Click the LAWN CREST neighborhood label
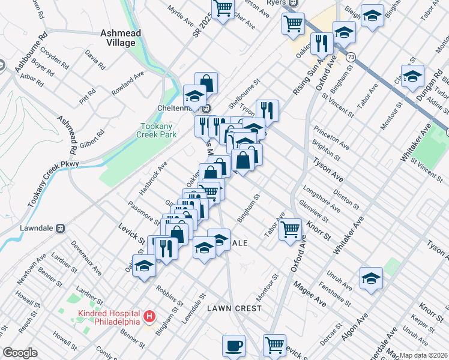pos(234,308)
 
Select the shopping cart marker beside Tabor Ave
pos(291,228)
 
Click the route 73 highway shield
pos(350,56)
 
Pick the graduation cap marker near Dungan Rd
pos(413,76)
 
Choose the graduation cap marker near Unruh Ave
pos(372,278)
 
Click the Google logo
pos(20,353)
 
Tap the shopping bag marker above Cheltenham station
pos(206,83)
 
